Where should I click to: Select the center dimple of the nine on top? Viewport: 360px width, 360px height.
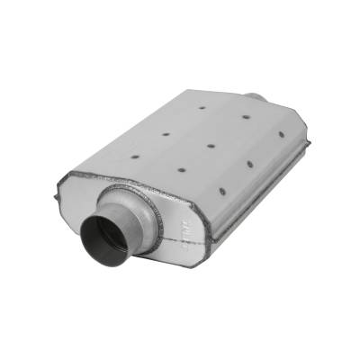pyautogui.click(x=210, y=144)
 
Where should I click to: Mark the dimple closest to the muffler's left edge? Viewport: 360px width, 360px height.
pyautogui.click(x=135, y=156)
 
